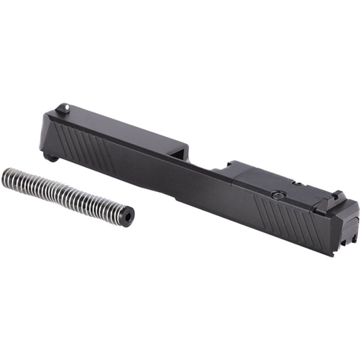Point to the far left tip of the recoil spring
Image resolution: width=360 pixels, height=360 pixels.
click(6, 173)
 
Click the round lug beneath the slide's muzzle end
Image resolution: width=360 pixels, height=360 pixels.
click(51, 156)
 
